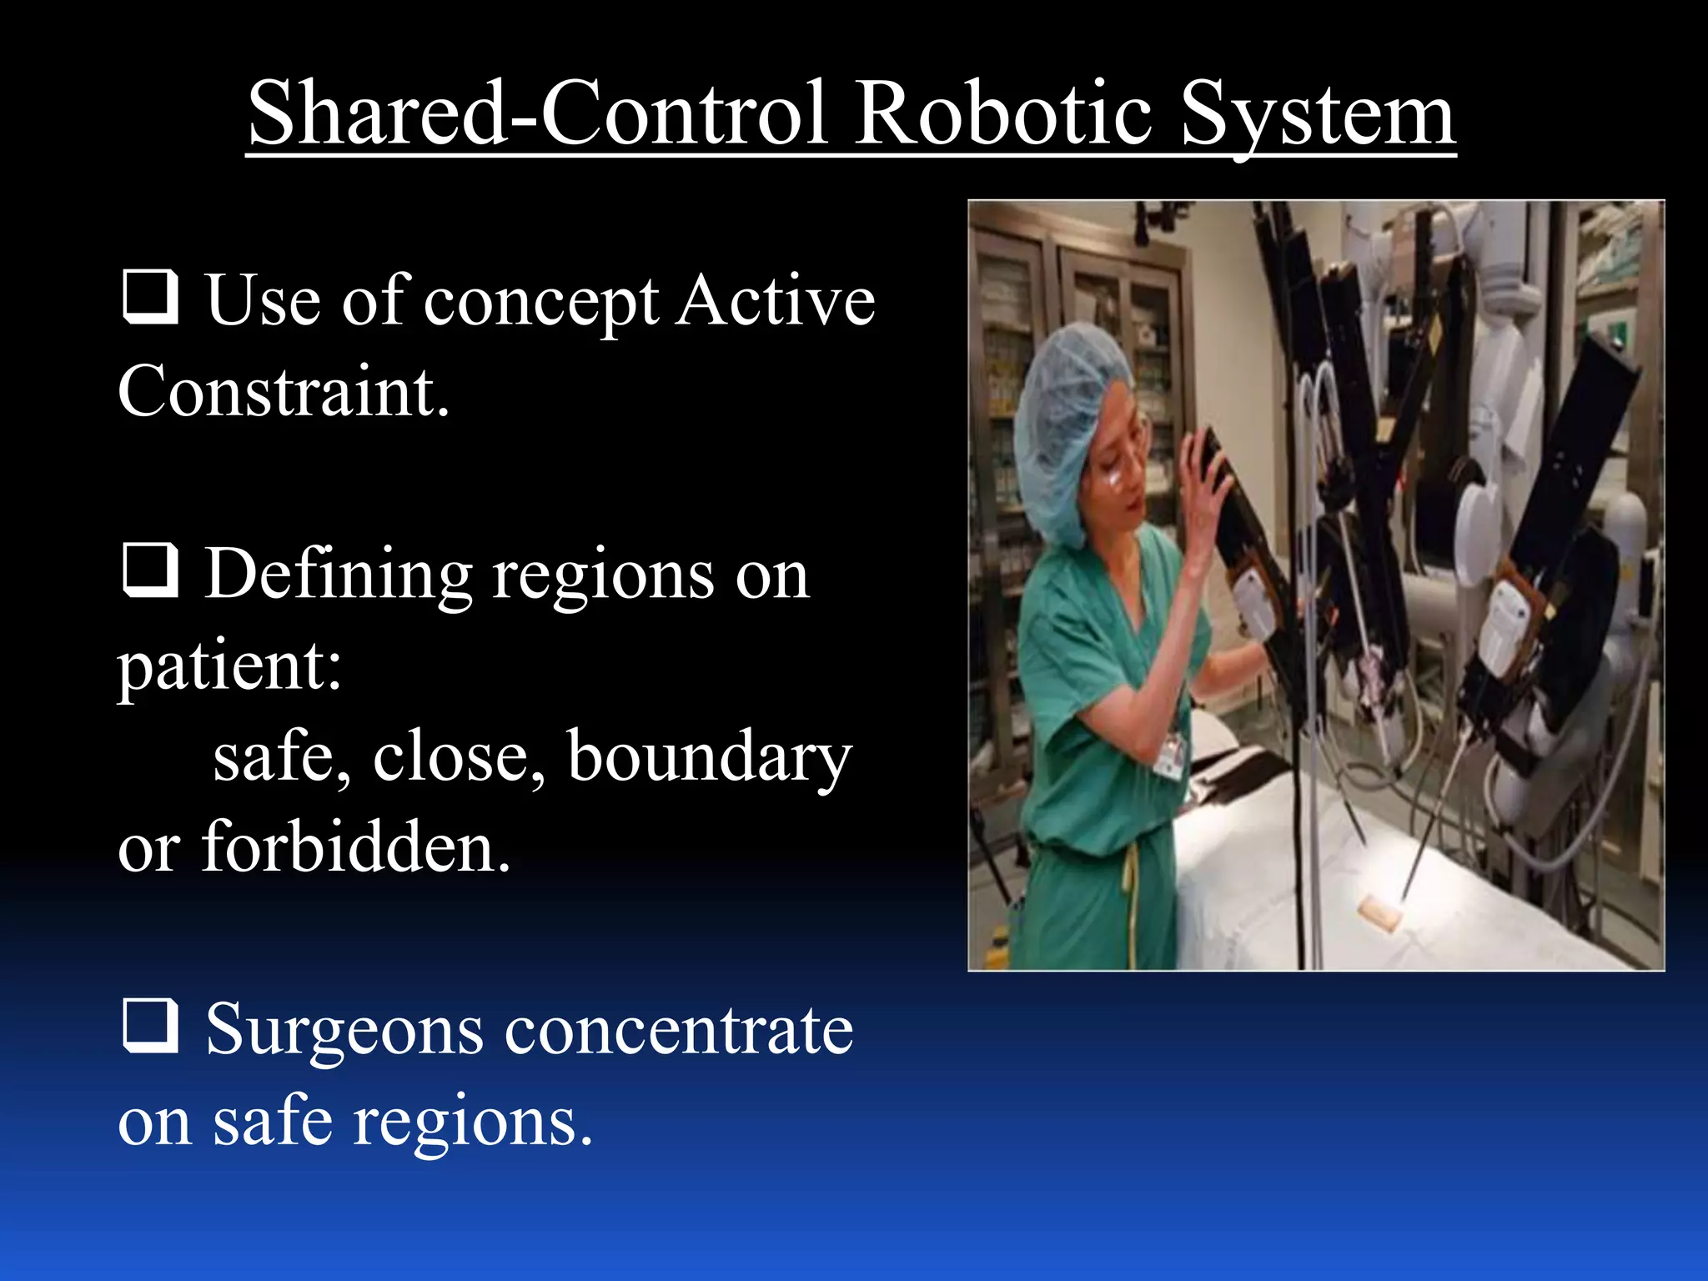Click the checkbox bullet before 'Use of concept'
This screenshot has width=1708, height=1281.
click(x=151, y=297)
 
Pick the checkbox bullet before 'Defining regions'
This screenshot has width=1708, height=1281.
click(x=151, y=570)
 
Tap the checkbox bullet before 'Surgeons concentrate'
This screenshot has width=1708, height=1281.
click(x=151, y=1026)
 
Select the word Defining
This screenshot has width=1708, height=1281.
click(x=339, y=575)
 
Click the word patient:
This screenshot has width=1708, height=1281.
click(x=229, y=667)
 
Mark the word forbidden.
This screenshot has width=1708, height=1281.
click(x=356, y=847)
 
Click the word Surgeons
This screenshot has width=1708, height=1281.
click(x=344, y=1031)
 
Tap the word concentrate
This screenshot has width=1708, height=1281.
click(x=680, y=1031)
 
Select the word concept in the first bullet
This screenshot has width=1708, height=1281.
click(x=541, y=302)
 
